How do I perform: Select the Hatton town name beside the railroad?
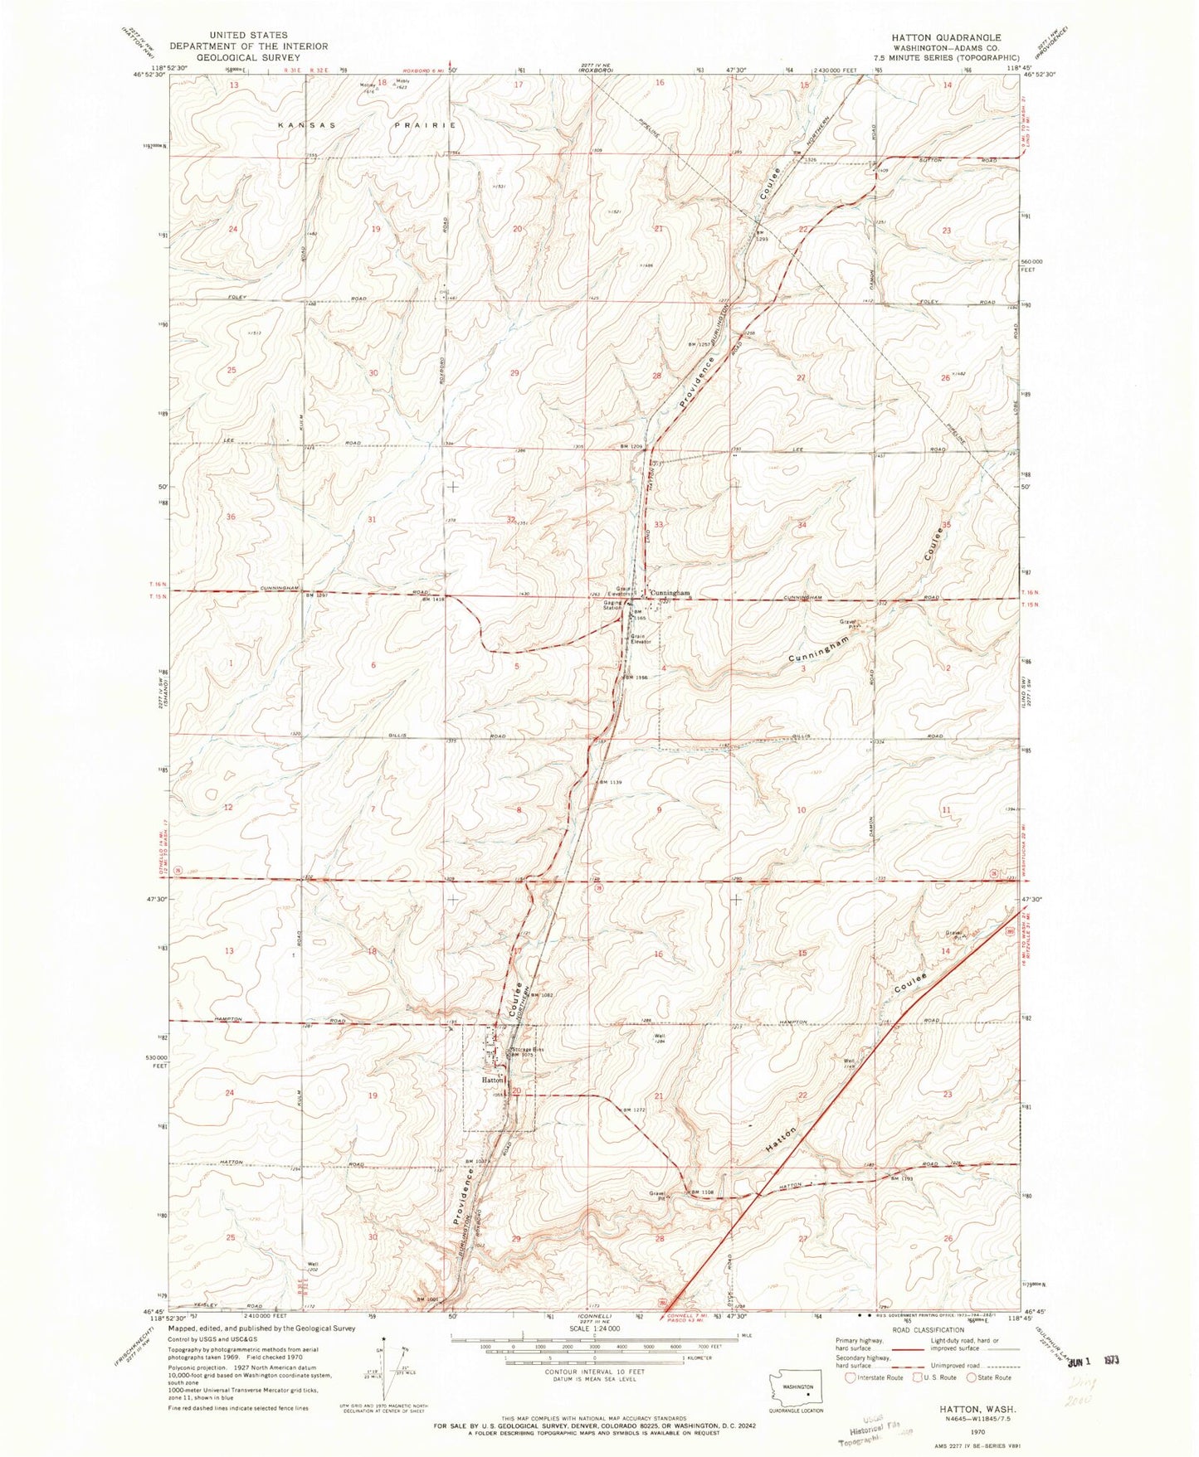click(492, 1081)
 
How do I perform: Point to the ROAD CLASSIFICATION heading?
click(932, 1328)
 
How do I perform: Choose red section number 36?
click(232, 517)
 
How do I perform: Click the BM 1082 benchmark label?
click(541, 994)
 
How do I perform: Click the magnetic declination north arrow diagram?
click(385, 1368)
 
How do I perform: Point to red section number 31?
click(373, 520)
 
